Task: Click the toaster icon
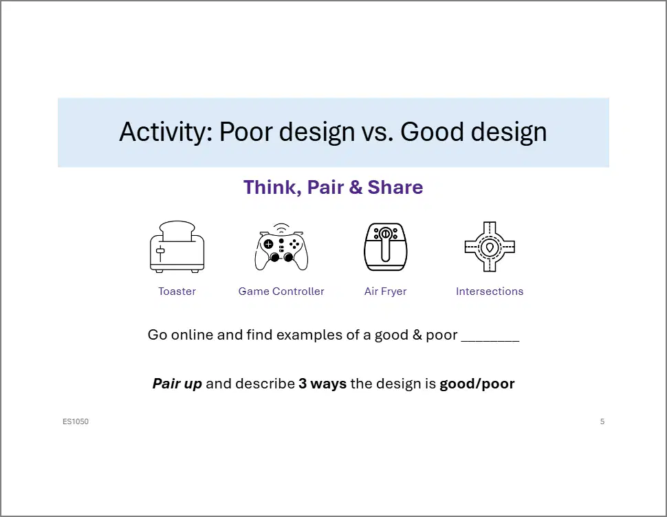pyautogui.click(x=177, y=247)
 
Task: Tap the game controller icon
pyautogui.click(x=281, y=247)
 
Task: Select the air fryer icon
pyautogui.click(x=385, y=247)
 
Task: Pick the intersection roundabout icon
pyautogui.click(x=490, y=247)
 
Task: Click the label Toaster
pyautogui.click(x=177, y=291)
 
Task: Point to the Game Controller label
pyautogui.click(x=281, y=291)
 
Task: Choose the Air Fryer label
pyautogui.click(x=385, y=291)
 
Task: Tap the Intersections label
pyautogui.click(x=490, y=291)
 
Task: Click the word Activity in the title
pyautogui.click(x=163, y=132)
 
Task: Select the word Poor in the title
pyautogui.click(x=245, y=132)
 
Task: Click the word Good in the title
pyautogui.click(x=432, y=132)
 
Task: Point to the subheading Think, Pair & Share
pyautogui.click(x=333, y=188)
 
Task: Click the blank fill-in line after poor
pyautogui.click(x=490, y=340)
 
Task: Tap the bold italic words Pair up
pyautogui.click(x=177, y=384)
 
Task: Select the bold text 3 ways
pyautogui.click(x=322, y=384)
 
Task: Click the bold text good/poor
pyautogui.click(x=477, y=384)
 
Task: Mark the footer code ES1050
pyautogui.click(x=76, y=421)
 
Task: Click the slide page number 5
pyautogui.click(x=602, y=421)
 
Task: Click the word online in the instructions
pyautogui.click(x=192, y=335)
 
